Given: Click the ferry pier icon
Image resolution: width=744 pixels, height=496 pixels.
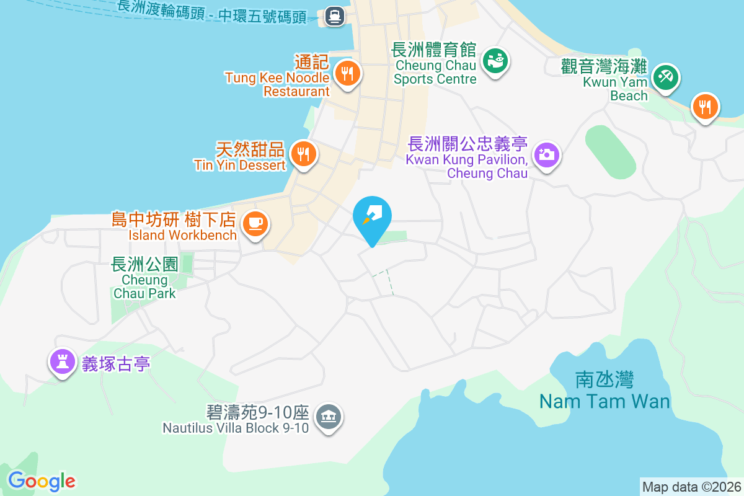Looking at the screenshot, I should [334, 16].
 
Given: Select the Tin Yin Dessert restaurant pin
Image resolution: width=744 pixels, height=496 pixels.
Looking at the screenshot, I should [303, 154].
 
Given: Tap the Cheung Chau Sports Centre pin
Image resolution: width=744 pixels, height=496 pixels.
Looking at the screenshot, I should [495, 61].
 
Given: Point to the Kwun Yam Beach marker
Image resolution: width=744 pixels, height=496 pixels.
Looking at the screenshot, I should [665, 78].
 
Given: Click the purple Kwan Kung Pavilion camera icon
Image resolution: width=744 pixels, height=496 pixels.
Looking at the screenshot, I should [546, 154].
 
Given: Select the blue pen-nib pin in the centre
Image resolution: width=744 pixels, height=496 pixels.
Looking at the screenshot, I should [372, 217].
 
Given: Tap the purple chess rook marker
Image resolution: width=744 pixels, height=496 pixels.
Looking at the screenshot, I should [62, 361].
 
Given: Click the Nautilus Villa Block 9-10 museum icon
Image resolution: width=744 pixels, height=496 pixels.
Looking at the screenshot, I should [329, 417].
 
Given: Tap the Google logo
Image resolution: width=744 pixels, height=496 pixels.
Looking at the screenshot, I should [42, 481].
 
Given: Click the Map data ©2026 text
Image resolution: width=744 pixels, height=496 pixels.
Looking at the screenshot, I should [691, 487].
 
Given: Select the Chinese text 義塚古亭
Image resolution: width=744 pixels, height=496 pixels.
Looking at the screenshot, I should [116, 363].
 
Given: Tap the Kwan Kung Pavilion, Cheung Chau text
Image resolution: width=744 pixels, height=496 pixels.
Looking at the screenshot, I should [467, 166].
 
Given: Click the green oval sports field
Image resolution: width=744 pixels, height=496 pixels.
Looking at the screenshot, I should [610, 152].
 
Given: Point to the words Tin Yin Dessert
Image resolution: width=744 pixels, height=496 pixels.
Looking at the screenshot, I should [240, 165].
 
